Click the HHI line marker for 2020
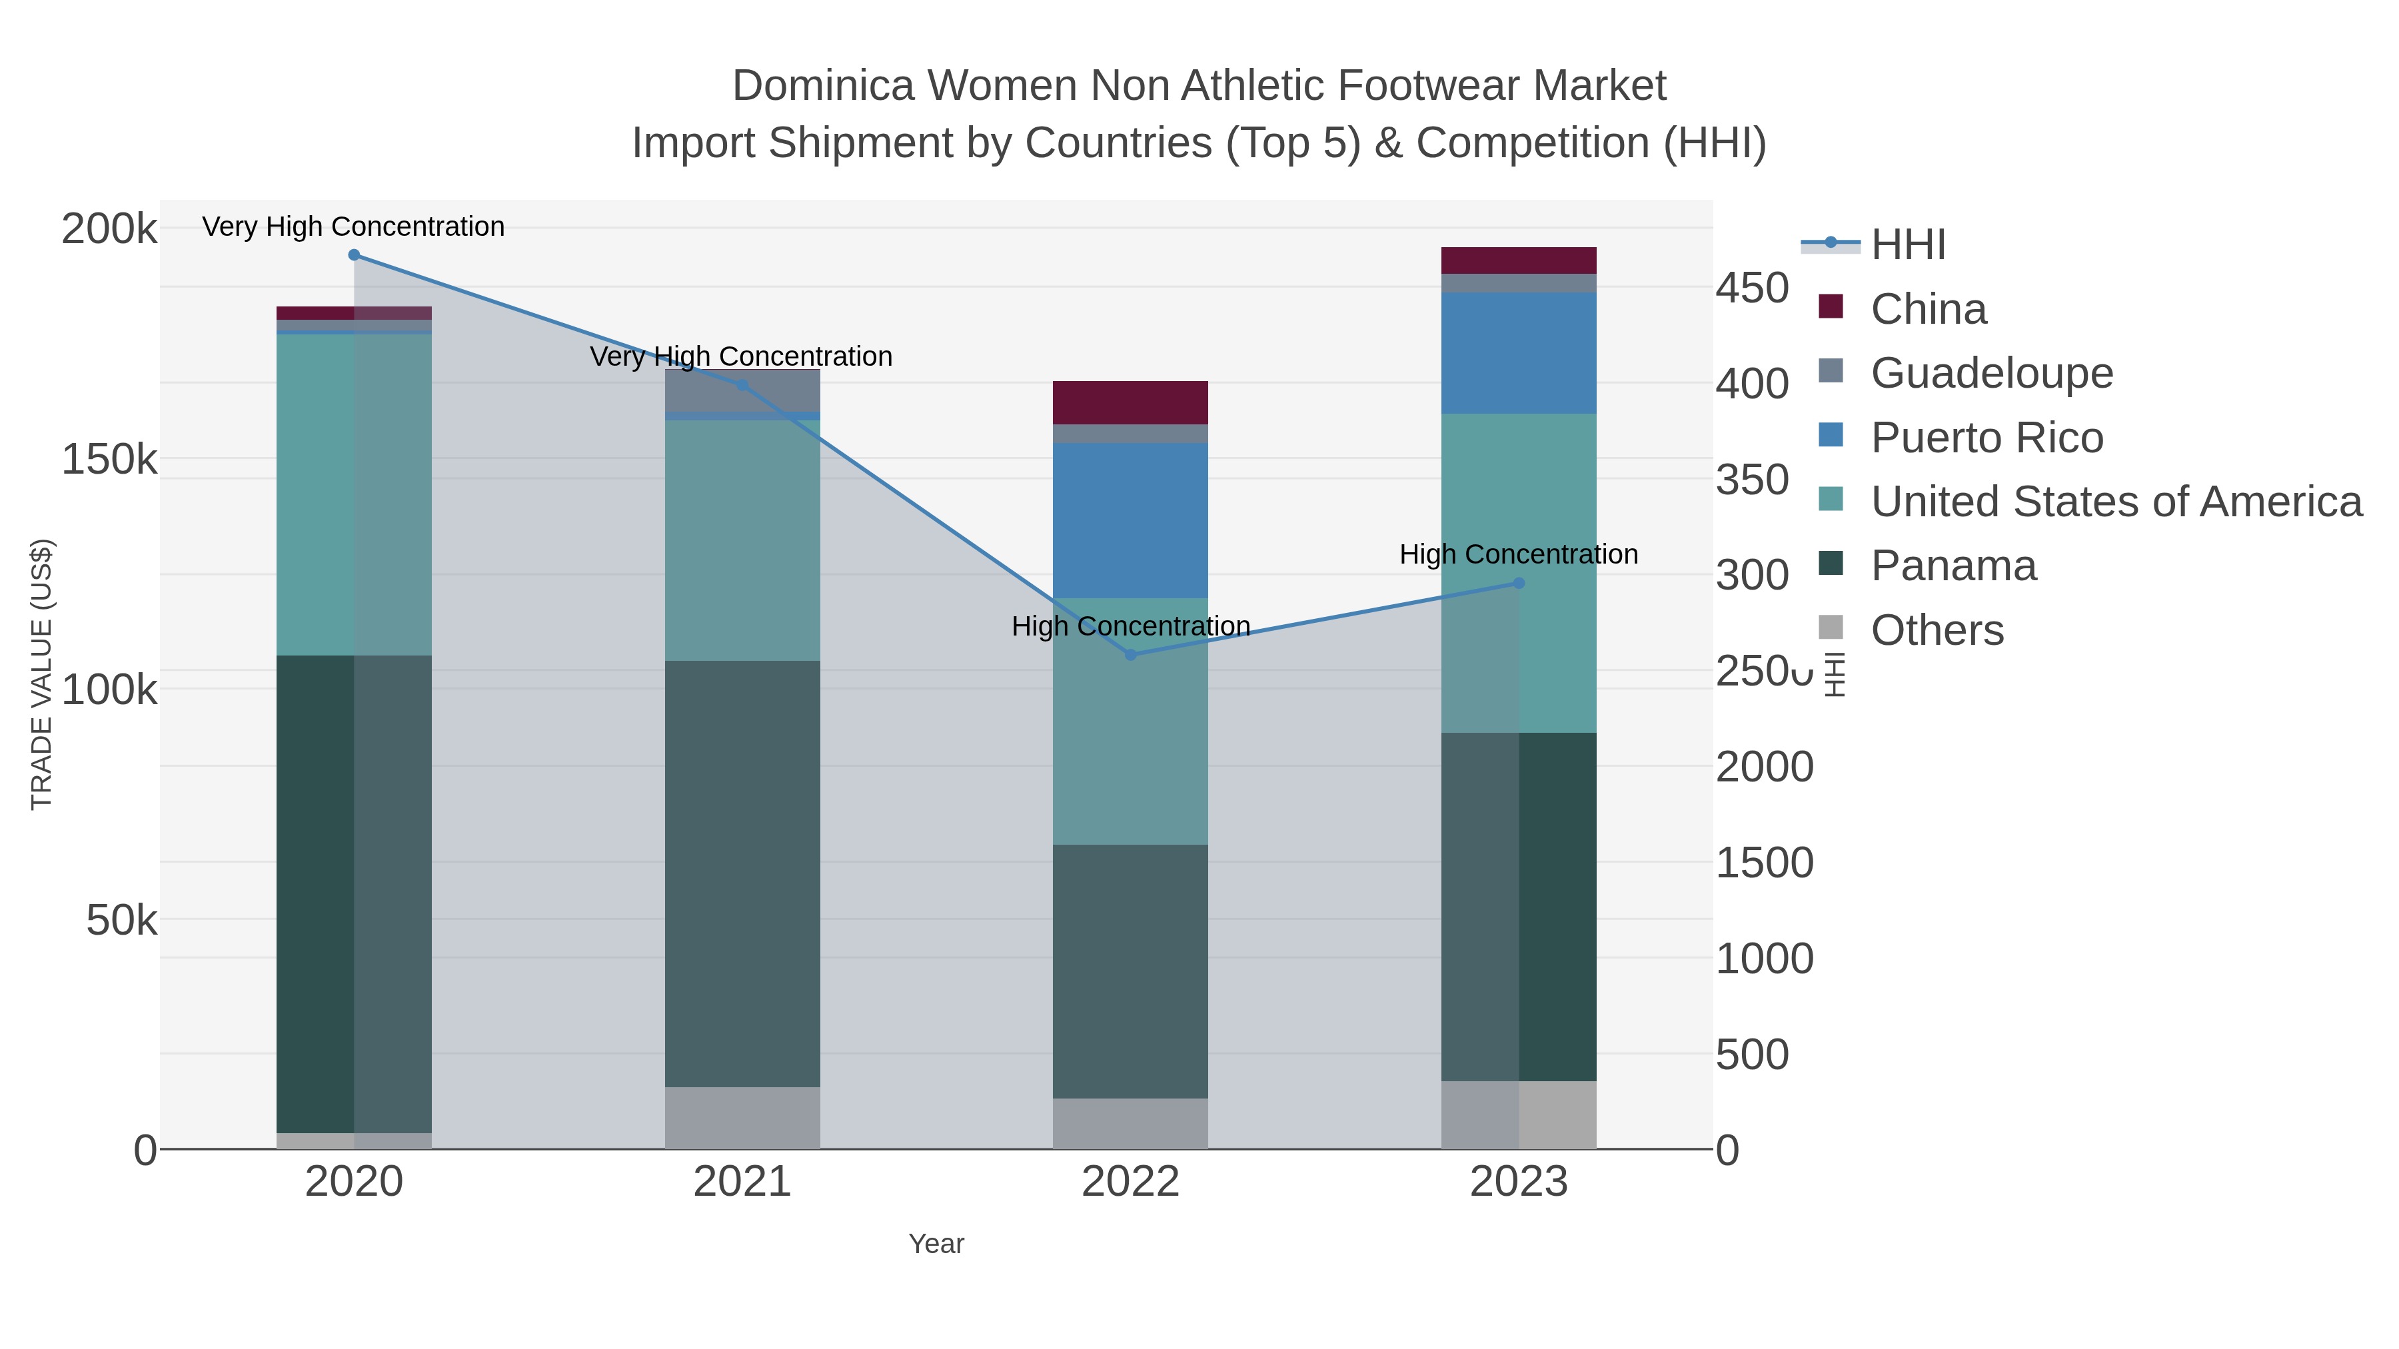[x=354, y=255]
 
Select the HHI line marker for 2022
[x=1131, y=654]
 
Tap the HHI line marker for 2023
[x=1519, y=584]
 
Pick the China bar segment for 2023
[x=1519, y=260]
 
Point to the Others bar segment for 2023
[x=1519, y=1115]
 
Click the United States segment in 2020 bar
[x=354, y=494]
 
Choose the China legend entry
[x=1928, y=309]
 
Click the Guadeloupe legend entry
[x=1991, y=373]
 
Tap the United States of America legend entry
[x=2115, y=502]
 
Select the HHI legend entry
[x=1907, y=245]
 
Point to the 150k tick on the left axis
[x=109, y=459]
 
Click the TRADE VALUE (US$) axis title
[x=42, y=674]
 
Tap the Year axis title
[x=936, y=1244]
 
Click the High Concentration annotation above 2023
[x=1518, y=555]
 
